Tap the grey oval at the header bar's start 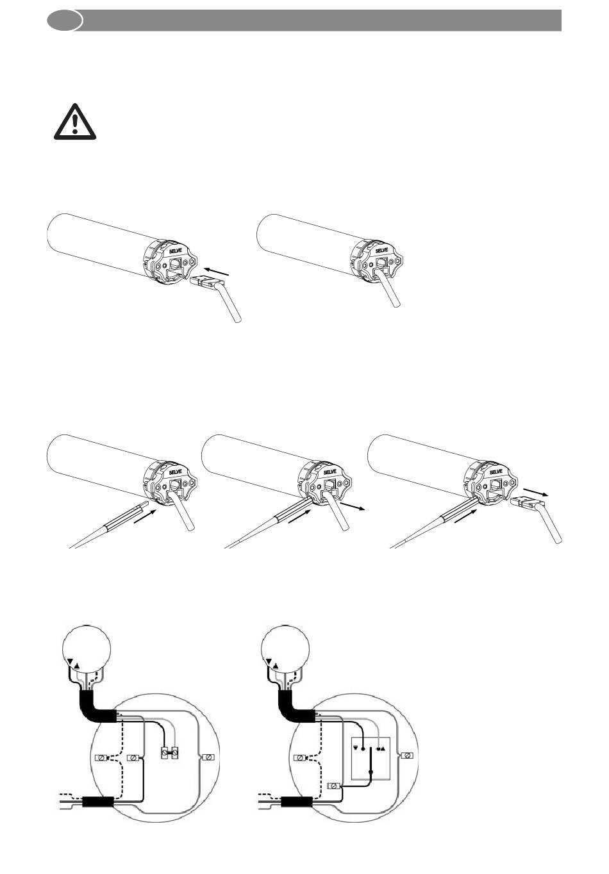(65, 20)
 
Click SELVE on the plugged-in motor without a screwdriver (381, 250)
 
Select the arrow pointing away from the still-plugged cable (354, 507)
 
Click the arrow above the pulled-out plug (537, 491)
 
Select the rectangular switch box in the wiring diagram (371, 757)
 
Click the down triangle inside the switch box (355, 747)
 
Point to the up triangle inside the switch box (384, 748)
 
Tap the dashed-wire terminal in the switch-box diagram (299, 757)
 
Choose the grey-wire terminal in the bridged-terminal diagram (207, 757)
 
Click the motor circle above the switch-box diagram (286, 648)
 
